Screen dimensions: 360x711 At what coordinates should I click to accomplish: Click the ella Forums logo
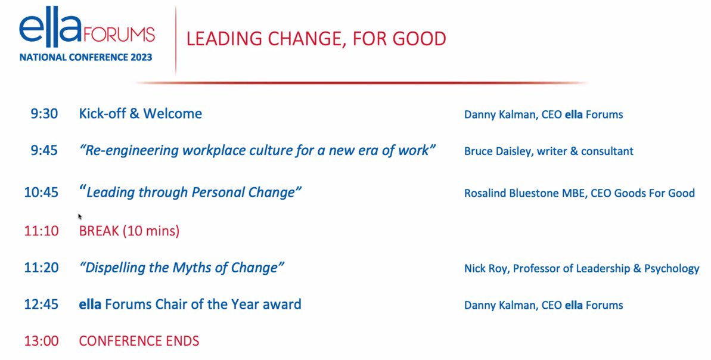(86, 30)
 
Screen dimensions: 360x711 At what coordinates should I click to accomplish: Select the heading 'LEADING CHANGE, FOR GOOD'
(316, 39)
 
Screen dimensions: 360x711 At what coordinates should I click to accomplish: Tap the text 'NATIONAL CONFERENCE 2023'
(86, 58)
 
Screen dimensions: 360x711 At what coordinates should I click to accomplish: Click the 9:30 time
(44, 113)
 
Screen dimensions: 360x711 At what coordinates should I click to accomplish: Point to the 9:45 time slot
(44, 150)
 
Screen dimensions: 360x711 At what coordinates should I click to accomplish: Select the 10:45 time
(41, 193)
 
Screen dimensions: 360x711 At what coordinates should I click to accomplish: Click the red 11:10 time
(41, 231)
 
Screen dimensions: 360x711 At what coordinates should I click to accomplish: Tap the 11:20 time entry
(41, 268)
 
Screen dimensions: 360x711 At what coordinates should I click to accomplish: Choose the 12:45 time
(41, 305)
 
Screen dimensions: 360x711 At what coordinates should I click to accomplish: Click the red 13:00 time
(41, 341)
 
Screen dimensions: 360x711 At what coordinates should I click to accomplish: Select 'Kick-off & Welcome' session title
(140, 113)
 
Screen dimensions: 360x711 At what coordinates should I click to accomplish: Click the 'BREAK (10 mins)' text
(129, 231)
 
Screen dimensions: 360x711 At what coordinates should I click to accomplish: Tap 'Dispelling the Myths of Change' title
(181, 268)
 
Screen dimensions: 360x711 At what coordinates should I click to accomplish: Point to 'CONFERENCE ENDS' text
(139, 341)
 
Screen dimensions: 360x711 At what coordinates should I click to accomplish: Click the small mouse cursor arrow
(80, 216)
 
